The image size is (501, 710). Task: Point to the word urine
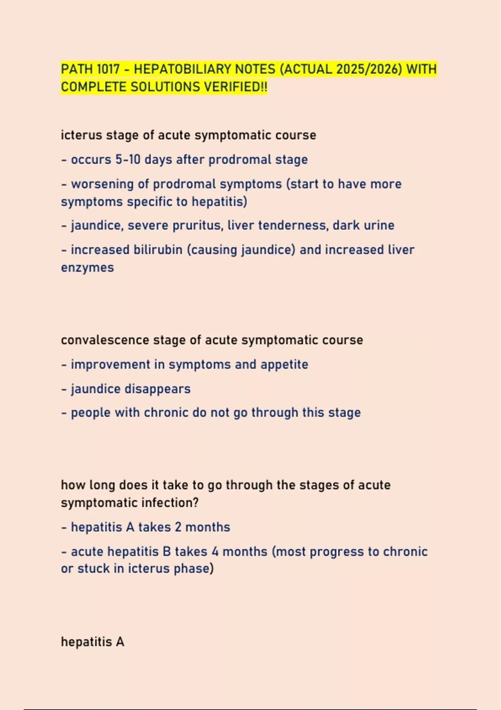[x=378, y=226]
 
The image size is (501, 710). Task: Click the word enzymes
[x=87, y=267]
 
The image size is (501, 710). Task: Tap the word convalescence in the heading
[x=105, y=340]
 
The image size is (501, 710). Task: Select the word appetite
[x=284, y=365]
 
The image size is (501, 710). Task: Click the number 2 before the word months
[x=178, y=527]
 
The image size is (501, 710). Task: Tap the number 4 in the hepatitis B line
[x=215, y=551]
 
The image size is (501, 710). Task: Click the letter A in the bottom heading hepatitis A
[x=120, y=642]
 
